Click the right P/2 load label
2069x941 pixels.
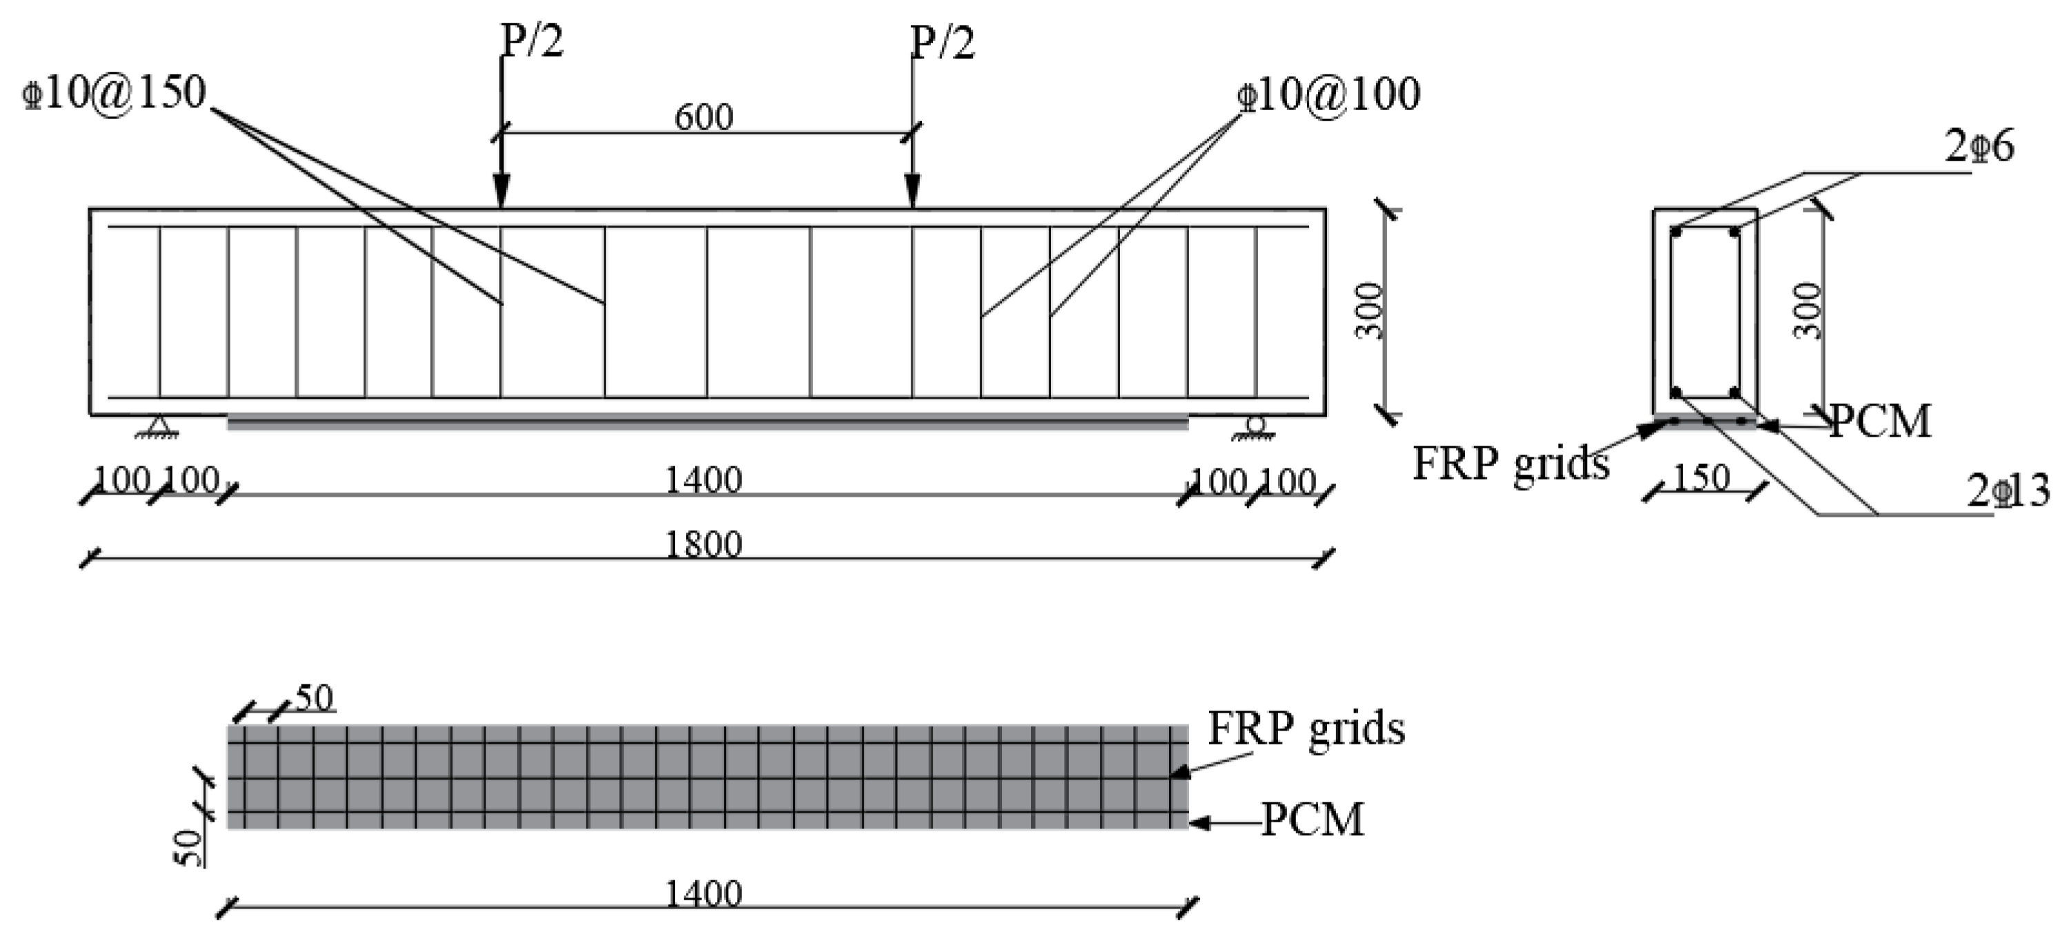(x=942, y=42)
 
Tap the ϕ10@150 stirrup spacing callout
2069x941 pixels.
(x=116, y=93)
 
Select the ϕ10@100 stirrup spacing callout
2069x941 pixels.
(x=1329, y=95)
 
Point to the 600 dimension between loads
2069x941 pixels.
(x=703, y=117)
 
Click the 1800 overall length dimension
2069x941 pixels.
(x=703, y=546)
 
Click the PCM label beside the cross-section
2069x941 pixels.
(x=1879, y=421)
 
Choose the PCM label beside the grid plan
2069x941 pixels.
(x=1312, y=820)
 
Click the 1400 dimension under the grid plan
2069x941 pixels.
(x=703, y=894)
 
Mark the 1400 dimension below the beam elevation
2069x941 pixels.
(x=703, y=481)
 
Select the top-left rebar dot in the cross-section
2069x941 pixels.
(x=1675, y=232)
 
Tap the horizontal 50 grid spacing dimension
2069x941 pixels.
(x=314, y=698)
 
